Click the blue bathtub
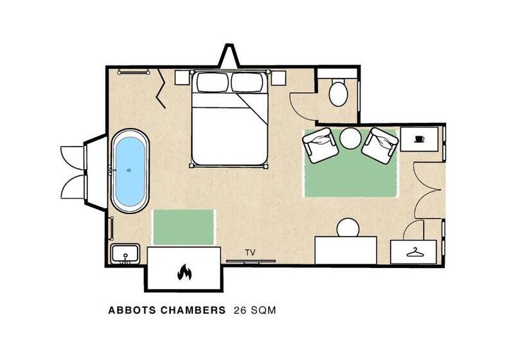130,171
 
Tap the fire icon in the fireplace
184,272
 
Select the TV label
250,253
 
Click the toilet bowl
338,93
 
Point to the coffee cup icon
419,139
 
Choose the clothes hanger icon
415,252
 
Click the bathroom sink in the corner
125,253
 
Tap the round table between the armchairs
350,138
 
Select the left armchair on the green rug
320,145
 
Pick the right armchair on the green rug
380,145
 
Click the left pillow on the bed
213,82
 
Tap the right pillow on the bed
247,82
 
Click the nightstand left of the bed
182,78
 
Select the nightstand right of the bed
279,78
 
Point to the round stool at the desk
348,228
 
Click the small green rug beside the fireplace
184,227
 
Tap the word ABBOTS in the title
132,310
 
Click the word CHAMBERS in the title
193,310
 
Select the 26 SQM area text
255,310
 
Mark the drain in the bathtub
129,170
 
